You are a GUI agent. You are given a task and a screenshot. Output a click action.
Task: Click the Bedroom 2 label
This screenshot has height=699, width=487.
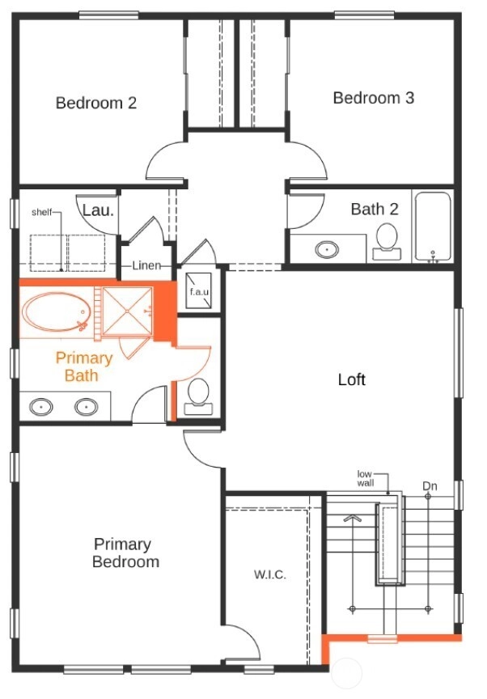pos(95,103)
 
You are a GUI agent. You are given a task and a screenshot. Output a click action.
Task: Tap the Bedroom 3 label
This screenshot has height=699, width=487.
pos(374,98)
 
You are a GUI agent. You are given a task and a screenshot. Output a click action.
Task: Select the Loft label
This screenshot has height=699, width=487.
pos(352,379)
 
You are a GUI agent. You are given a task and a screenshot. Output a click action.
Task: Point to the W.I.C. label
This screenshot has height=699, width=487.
pos(270,574)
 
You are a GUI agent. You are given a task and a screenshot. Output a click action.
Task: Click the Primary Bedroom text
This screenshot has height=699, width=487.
pos(125,553)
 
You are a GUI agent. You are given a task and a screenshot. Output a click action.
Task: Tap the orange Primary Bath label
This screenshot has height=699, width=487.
pos(84,366)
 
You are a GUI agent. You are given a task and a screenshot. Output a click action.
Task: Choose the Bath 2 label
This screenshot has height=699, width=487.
pos(375,209)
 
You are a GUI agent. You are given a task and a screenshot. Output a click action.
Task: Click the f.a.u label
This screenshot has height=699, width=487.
pos(199,292)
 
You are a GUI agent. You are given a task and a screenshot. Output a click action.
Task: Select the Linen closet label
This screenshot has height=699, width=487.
pos(146,265)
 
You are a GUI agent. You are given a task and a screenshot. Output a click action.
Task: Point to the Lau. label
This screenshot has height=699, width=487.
pos(99,210)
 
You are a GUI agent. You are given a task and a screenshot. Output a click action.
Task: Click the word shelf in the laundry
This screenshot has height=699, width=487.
pos(42,212)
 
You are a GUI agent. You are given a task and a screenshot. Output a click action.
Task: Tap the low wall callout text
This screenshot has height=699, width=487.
pos(366,478)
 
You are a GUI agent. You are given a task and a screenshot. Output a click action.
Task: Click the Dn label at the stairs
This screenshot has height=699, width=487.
pos(430,485)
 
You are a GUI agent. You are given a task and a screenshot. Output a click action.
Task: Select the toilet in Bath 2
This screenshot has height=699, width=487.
pos(387,241)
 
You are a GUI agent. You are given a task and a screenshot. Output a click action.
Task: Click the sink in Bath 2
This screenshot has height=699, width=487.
pos(327,249)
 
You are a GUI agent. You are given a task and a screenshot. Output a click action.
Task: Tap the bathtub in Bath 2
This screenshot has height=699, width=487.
pos(433,226)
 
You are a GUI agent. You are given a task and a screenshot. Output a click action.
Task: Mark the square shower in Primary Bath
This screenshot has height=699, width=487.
pos(128,311)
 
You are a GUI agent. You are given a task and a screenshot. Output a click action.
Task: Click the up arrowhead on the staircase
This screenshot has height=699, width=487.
pos(352,519)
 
